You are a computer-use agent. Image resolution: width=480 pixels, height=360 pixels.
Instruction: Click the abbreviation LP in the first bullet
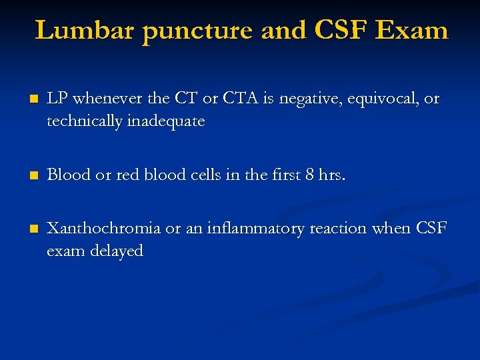point(57,99)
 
